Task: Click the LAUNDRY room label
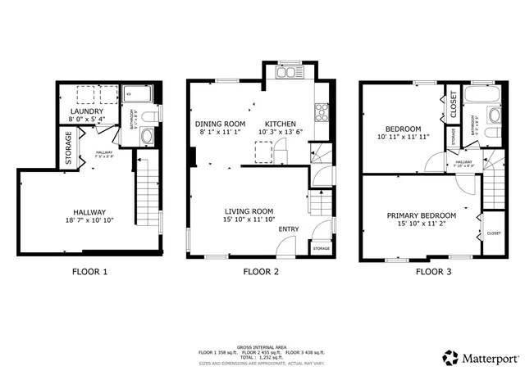click(85, 111)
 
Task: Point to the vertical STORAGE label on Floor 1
click(69, 148)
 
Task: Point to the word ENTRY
click(289, 229)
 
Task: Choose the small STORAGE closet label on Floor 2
click(321, 247)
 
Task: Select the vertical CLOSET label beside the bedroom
click(454, 105)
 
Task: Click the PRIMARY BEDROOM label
click(420, 216)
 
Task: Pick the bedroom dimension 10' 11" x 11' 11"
click(403, 138)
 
